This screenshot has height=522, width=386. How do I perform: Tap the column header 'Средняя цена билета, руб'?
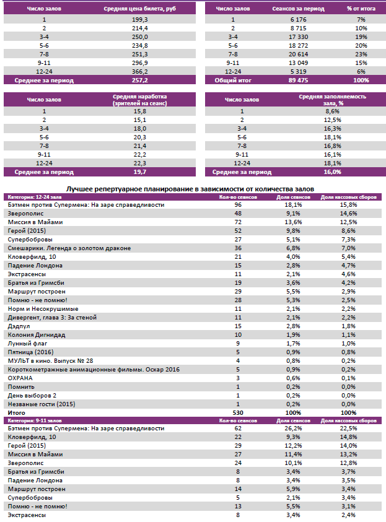(x=140, y=10)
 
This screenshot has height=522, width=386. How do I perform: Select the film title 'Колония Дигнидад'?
(x=37, y=334)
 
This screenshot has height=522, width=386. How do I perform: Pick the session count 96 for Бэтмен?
(x=237, y=204)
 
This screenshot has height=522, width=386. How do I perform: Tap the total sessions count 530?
(x=237, y=412)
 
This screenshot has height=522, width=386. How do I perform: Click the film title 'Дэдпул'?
(x=20, y=326)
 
